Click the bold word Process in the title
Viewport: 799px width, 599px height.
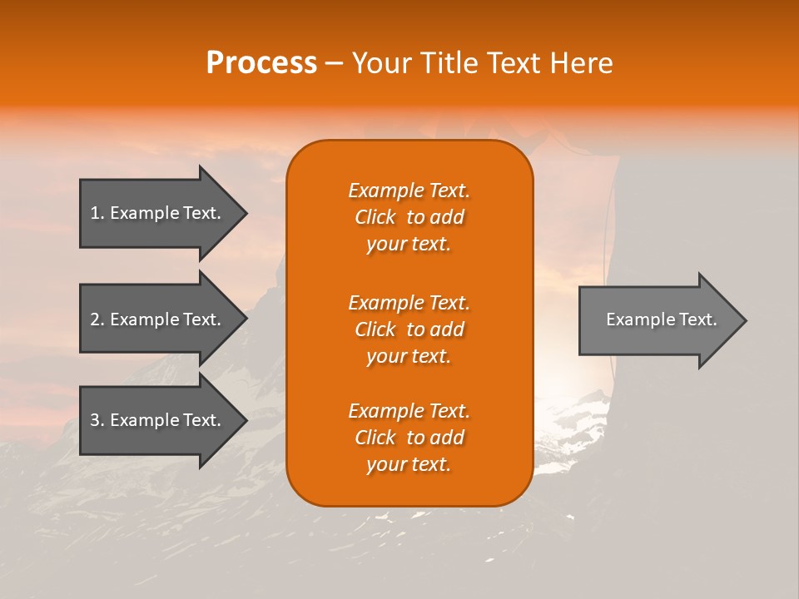pyautogui.click(x=261, y=63)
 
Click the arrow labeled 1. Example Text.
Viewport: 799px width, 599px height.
pyautogui.click(x=158, y=213)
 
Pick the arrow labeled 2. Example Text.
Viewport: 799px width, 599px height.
pyautogui.click(x=158, y=319)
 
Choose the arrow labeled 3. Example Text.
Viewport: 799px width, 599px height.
pyautogui.click(x=158, y=420)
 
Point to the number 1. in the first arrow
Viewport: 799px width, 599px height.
pyautogui.click(x=97, y=213)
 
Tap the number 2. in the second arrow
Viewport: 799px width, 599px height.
pyautogui.click(x=97, y=319)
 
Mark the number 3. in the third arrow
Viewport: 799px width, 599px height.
pyautogui.click(x=97, y=420)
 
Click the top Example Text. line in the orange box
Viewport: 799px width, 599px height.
pyautogui.click(x=409, y=191)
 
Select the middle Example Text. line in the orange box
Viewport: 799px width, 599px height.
pyautogui.click(x=409, y=302)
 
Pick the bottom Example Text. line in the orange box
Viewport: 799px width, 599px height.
pyautogui.click(x=409, y=411)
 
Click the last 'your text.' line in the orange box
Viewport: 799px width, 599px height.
pyautogui.click(x=409, y=464)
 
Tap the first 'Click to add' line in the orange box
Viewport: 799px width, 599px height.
pyautogui.click(x=409, y=217)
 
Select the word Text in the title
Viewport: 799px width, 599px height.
pyautogui.click(x=515, y=63)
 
